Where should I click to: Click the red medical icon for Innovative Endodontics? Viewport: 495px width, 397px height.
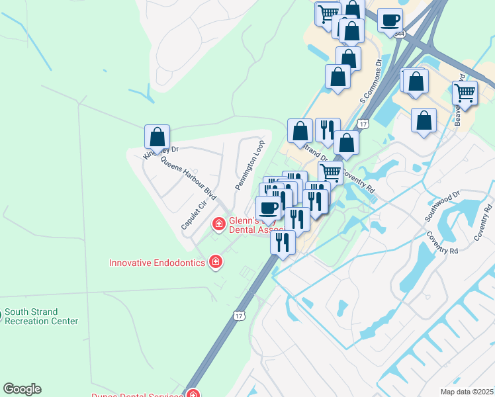[x=214, y=263]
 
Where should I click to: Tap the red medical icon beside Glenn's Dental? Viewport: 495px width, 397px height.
[x=218, y=225]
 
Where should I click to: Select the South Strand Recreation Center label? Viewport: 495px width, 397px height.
[x=39, y=316]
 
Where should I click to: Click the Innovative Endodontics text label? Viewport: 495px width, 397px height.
[x=157, y=263]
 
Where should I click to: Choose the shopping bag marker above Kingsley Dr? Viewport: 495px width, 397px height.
[x=157, y=137]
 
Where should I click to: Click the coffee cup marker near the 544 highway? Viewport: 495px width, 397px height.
[x=390, y=20]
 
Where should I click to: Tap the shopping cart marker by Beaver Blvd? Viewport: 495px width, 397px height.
[x=466, y=93]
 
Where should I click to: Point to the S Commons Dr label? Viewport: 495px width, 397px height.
[x=371, y=81]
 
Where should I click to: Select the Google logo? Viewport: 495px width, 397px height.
[x=22, y=389]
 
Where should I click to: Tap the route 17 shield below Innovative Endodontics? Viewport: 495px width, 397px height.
[x=239, y=316]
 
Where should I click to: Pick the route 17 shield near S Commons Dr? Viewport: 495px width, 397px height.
[x=363, y=123]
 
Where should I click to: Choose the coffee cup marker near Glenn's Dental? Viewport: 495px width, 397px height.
[x=268, y=208]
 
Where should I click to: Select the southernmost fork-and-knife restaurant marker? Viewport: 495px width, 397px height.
[x=283, y=242]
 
